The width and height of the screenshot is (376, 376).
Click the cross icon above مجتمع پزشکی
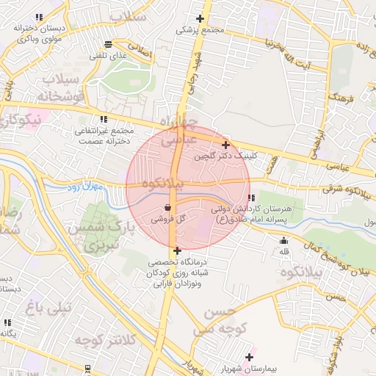200,18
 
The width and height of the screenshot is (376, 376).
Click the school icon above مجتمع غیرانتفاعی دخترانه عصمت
103,118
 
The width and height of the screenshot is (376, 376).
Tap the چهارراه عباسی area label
178,129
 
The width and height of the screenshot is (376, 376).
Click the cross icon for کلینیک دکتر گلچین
225,145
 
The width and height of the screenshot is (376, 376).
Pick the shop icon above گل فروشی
170,208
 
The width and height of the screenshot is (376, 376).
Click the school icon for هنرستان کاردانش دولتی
252,198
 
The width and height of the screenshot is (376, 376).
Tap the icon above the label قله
283,240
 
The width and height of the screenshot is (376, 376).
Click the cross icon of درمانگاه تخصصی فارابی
177,250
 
